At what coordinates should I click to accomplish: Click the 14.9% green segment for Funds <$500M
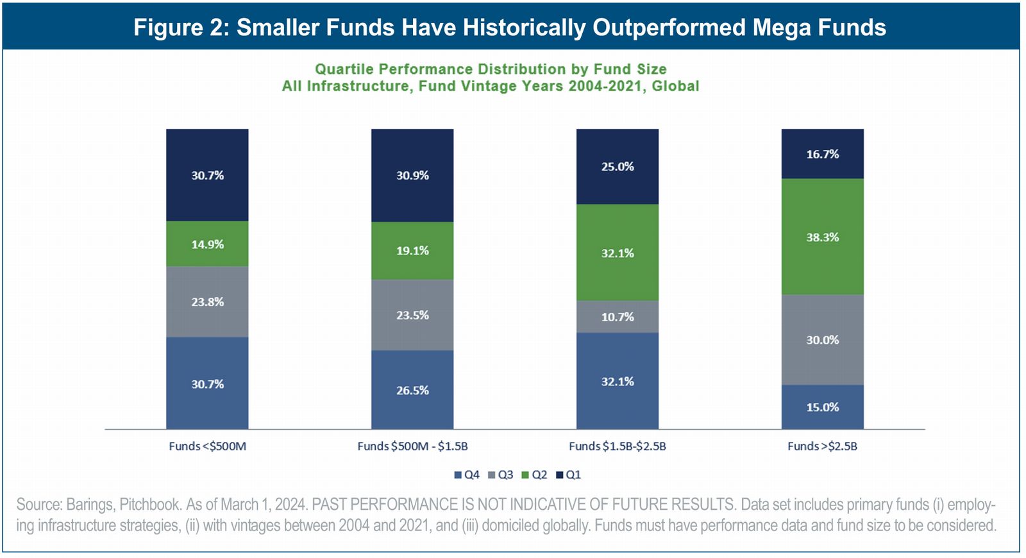tap(207, 244)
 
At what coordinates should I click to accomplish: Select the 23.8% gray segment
tap(207, 301)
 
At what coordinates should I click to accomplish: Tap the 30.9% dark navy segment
tap(412, 175)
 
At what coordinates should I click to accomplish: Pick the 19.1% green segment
tap(412, 251)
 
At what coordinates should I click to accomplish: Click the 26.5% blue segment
tap(412, 390)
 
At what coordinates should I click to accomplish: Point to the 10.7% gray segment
tap(618, 317)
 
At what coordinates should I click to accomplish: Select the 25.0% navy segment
tap(618, 167)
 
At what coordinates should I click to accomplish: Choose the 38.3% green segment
tap(822, 237)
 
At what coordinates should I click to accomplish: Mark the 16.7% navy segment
tap(822, 154)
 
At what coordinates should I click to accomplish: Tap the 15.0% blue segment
tap(822, 407)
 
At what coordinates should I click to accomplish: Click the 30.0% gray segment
tap(822, 340)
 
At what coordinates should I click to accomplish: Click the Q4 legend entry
tap(467, 475)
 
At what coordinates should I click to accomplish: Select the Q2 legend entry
tap(534, 475)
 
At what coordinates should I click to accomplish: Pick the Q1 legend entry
tap(568, 475)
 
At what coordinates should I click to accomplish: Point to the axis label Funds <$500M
tap(207, 446)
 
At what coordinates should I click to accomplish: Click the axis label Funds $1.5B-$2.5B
tap(618, 446)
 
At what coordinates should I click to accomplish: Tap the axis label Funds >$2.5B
tap(822, 446)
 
